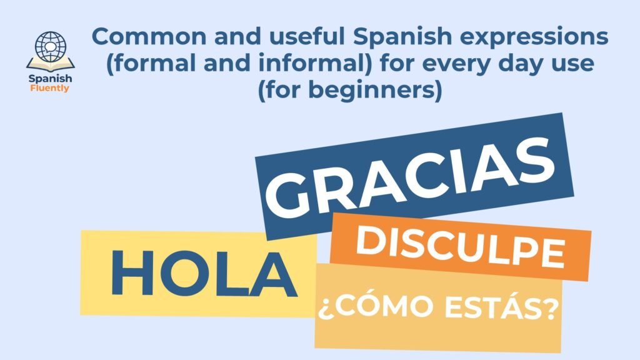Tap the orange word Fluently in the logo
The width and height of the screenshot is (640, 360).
(x=50, y=89)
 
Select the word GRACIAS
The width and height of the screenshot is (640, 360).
(x=409, y=178)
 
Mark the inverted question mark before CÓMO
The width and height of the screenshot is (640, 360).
(x=325, y=309)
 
